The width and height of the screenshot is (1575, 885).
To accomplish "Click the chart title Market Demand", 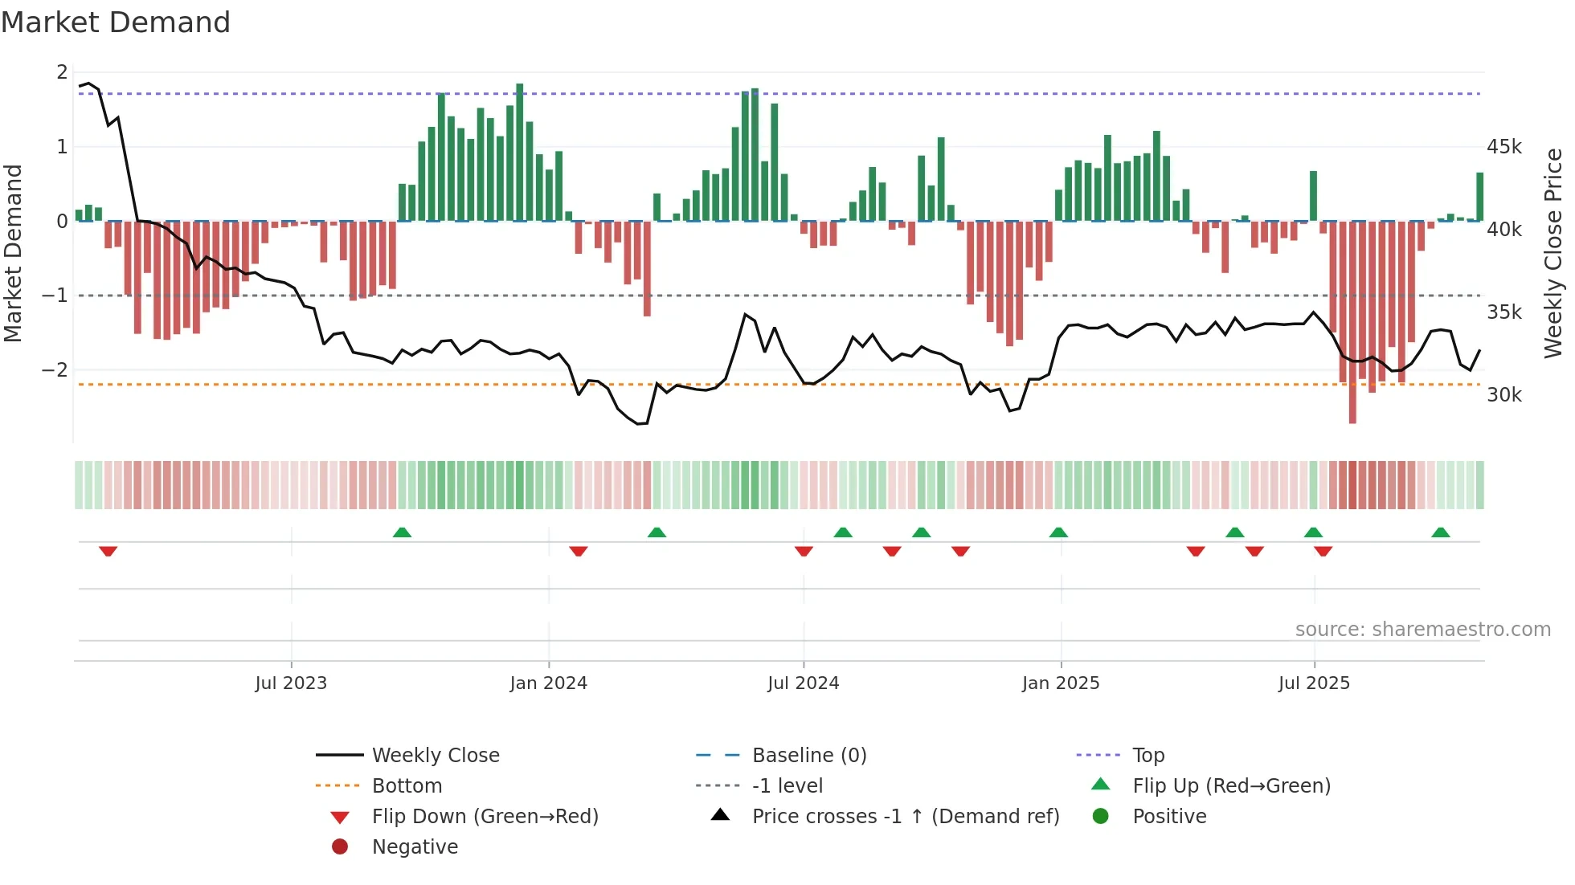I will (x=116, y=22).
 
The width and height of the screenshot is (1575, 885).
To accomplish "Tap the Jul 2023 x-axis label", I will (x=291, y=683).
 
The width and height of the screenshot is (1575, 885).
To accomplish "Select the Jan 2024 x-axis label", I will (x=548, y=683).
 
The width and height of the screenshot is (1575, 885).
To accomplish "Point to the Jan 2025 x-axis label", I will (x=1061, y=683).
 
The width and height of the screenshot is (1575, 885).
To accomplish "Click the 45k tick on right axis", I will (x=1503, y=147).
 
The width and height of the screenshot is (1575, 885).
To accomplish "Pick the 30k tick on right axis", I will (x=1503, y=395).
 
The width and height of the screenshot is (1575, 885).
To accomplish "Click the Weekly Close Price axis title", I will (x=1552, y=253).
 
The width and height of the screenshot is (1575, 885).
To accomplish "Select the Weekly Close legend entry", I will (x=435, y=756).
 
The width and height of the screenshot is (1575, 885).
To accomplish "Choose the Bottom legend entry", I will (x=407, y=786).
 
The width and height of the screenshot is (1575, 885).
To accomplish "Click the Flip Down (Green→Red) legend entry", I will (x=485, y=817).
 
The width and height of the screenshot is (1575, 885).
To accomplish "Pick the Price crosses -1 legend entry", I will (x=905, y=817).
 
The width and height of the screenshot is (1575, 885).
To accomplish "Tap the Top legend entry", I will (x=1147, y=756).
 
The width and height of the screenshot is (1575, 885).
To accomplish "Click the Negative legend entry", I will (x=415, y=847).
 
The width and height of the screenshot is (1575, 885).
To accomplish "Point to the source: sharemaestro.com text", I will (x=1422, y=630).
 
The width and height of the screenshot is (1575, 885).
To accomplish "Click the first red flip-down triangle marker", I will (x=108, y=551).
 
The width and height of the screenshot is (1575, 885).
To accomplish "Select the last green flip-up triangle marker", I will (x=1440, y=532).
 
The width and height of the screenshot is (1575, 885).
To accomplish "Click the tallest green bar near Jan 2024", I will (x=520, y=153).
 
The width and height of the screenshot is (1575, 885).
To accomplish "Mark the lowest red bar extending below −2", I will (x=1352, y=321).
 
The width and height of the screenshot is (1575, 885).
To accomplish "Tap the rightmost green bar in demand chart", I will (x=1479, y=197).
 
